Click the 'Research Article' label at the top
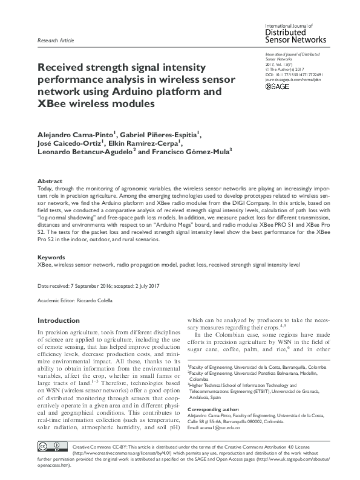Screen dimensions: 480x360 pos(56,41)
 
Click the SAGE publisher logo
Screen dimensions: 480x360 pos(278,87)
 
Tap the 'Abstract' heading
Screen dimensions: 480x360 pos(50,181)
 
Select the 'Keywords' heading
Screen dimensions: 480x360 pos(52,257)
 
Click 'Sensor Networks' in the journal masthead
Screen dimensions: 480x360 pos(296,39)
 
